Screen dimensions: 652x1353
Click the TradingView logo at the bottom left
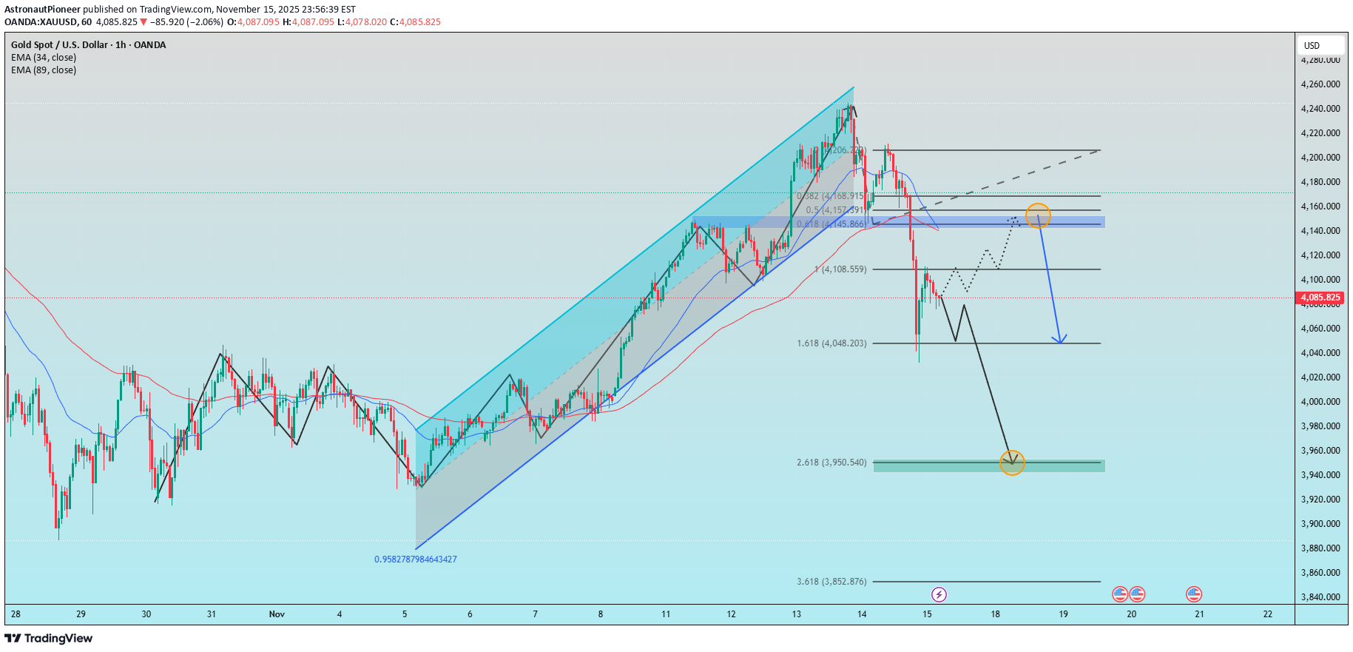point(49,638)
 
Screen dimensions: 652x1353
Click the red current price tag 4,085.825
point(1320,298)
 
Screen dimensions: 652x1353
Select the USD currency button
point(1312,45)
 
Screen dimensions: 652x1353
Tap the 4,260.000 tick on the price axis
point(1320,84)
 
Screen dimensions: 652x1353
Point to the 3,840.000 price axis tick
point(1320,597)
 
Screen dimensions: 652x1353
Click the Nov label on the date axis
point(277,614)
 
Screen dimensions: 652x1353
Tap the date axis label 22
point(1267,614)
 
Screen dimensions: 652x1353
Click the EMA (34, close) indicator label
point(44,58)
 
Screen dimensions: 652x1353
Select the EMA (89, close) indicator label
point(44,70)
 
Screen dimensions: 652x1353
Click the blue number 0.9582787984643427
point(415,559)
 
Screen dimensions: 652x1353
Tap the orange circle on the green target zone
point(1011,463)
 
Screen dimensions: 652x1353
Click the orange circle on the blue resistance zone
point(1038,215)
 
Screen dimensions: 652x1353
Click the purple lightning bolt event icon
point(939,594)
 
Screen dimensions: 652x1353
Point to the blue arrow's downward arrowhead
point(1061,341)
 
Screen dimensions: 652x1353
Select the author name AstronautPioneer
point(42,10)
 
